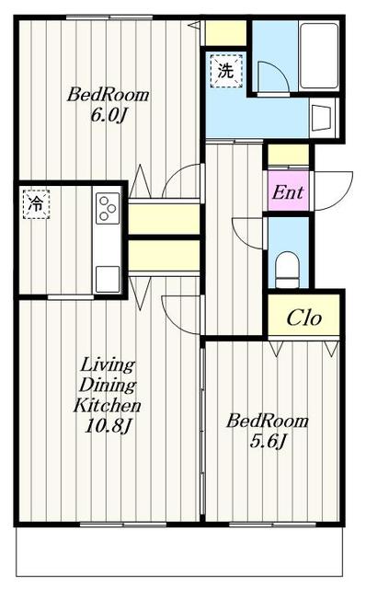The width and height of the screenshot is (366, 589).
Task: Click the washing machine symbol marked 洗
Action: coord(226,71)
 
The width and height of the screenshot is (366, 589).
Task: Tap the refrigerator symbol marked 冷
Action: coord(36,204)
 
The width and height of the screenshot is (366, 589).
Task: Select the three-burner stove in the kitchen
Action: coord(108,208)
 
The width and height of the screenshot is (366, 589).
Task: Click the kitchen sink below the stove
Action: coord(108,279)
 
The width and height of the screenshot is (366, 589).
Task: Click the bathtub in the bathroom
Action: coord(319,56)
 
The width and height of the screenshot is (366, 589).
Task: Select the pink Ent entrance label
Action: coord(288,192)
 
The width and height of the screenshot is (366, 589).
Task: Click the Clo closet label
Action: coord(304,318)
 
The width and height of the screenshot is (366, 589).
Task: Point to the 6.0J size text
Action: coord(108,115)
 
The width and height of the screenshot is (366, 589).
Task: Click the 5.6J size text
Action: coord(268,441)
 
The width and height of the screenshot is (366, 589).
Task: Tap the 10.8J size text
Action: coord(108,425)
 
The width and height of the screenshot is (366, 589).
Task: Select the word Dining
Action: coord(108,385)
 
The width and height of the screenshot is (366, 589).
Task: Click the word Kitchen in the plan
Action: coord(108,405)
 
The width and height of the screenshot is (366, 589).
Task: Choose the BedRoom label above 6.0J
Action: coord(109,95)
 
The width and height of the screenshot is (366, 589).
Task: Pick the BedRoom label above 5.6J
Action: coord(268,421)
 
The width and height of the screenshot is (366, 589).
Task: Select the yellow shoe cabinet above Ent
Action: coord(288,155)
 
